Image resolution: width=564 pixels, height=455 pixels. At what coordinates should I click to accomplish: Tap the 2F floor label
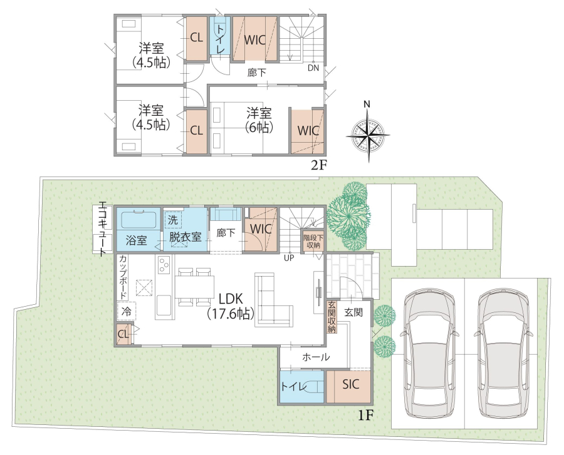[x=319, y=165]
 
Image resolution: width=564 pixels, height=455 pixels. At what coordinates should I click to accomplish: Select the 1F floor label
[x=366, y=416]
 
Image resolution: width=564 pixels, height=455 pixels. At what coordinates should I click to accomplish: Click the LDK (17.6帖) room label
[x=231, y=306]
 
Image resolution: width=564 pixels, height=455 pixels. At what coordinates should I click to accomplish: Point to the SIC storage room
[x=348, y=386]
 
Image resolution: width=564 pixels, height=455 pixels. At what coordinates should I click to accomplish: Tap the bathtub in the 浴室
[x=138, y=220]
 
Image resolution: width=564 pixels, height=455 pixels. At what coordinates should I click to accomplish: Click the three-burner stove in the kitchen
[x=164, y=265]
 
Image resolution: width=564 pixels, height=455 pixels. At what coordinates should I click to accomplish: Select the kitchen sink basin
[x=164, y=305]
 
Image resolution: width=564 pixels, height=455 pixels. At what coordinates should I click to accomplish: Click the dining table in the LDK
[x=195, y=287]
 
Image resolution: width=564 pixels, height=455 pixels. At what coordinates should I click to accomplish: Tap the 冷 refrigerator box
[x=127, y=311]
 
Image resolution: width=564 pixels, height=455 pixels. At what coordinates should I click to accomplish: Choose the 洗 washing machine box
[x=173, y=220]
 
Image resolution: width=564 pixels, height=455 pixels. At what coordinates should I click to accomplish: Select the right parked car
[x=503, y=352]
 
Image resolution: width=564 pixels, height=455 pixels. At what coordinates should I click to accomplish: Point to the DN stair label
[x=313, y=68]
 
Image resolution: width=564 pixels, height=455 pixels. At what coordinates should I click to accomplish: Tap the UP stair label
[x=289, y=258]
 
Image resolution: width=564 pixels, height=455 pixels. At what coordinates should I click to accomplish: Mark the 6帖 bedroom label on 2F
[x=259, y=120]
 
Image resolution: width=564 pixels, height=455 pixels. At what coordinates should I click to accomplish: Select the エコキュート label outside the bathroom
[x=102, y=229]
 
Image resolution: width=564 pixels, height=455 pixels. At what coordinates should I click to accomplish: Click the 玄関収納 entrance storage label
[x=332, y=317]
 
